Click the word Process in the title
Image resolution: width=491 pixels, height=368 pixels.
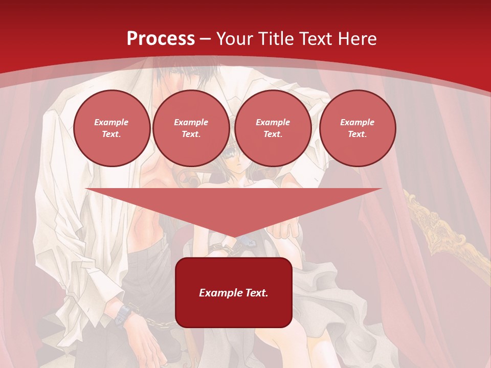pyautogui.click(x=161, y=38)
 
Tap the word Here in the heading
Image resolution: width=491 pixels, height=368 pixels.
pyautogui.click(x=355, y=38)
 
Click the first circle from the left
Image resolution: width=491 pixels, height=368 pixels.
pyautogui.click(x=111, y=128)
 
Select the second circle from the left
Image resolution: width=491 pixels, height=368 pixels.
pyautogui.click(x=191, y=128)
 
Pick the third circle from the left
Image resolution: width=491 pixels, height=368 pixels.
pyautogui.click(x=273, y=128)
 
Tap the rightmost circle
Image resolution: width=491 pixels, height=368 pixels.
pyautogui.click(x=358, y=128)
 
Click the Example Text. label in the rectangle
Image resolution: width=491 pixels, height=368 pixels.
pyautogui.click(x=234, y=293)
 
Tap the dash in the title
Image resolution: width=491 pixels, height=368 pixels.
pyautogui.click(x=206, y=39)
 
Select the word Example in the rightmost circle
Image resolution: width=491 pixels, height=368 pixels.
pyautogui.click(x=358, y=122)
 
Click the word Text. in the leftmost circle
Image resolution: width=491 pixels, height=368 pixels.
pyautogui.click(x=111, y=134)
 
